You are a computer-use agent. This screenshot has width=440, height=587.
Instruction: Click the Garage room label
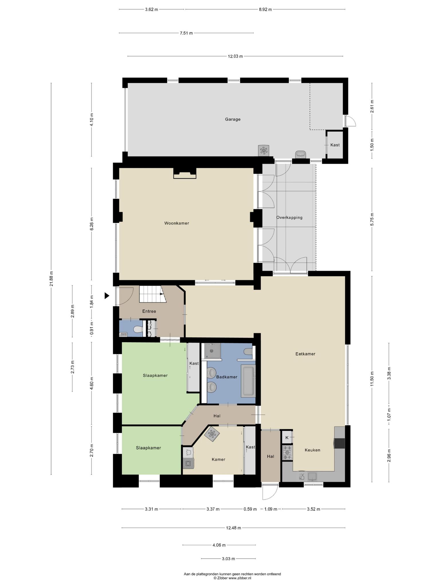tap(233, 119)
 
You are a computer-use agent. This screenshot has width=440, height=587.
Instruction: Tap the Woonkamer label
tap(176, 223)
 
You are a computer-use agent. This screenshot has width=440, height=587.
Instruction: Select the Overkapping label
tap(289, 217)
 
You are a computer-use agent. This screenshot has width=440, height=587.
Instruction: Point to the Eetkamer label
tap(305, 354)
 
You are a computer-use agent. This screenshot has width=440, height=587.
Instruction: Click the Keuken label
tap(313, 450)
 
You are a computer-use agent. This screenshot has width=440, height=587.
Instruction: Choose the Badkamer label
tap(227, 377)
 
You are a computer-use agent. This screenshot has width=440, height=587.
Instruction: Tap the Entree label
tap(149, 311)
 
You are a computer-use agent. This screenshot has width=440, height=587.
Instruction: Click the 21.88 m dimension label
tap(51, 279)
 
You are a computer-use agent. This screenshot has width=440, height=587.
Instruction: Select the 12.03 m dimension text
tap(235, 56)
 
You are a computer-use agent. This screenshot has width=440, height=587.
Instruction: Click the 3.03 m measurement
tap(228, 559)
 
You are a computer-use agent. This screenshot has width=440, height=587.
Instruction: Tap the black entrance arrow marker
tap(107, 296)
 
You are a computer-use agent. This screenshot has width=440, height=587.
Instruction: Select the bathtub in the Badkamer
tap(248, 381)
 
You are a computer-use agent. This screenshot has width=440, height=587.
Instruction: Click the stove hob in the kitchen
tap(287, 452)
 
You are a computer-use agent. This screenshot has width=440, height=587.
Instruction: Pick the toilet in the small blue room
tap(138, 330)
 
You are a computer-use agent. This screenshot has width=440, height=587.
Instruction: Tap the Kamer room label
tap(218, 459)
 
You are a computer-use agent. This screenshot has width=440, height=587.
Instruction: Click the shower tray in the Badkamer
tap(212, 351)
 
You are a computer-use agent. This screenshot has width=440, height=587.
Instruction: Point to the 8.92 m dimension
tap(265, 9)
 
